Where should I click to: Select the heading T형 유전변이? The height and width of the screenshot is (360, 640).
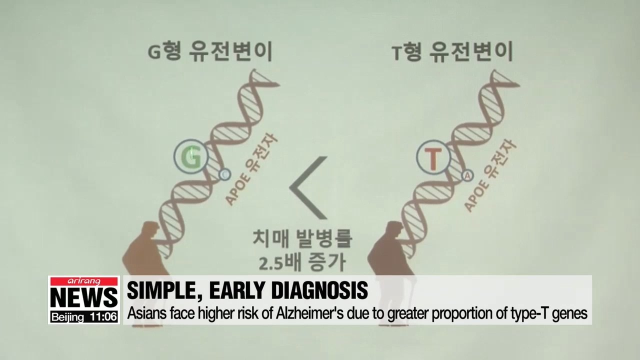click(452, 52)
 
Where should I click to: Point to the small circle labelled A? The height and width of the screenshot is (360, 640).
click(467, 175)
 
